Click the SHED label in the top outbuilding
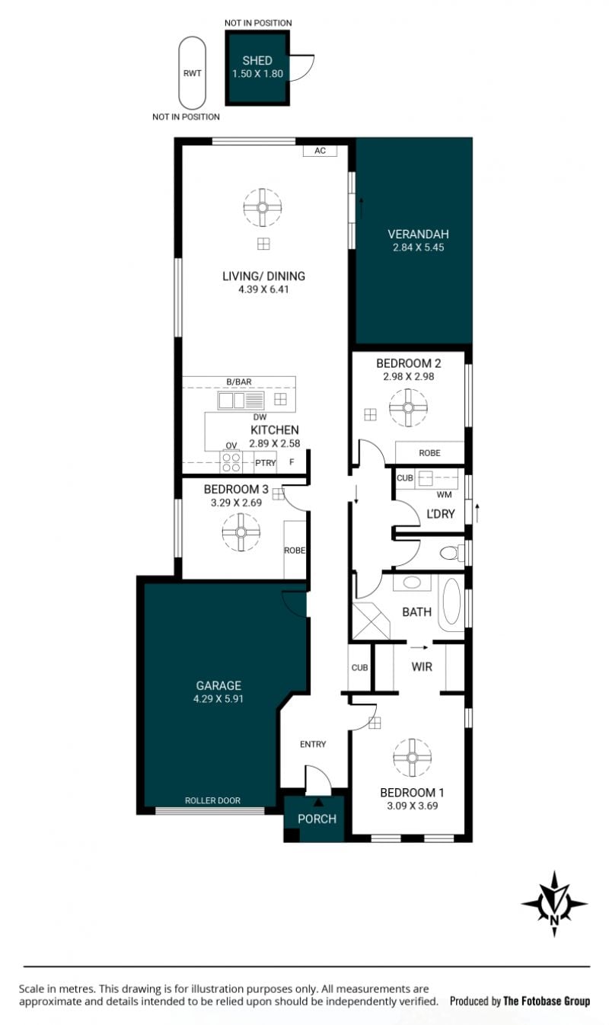[257, 60]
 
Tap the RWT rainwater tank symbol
[192, 73]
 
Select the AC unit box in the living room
[320, 151]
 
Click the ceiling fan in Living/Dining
[262, 207]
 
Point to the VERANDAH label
[418, 235]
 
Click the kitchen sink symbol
[241, 401]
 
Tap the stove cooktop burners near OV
[231, 461]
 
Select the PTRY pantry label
[266, 463]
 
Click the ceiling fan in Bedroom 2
[408, 407]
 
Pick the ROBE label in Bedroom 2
[429, 452]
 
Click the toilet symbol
[451, 553]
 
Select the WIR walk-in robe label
[422, 667]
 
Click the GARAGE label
[218, 685]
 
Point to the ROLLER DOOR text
[212, 800]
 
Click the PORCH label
[317, 819]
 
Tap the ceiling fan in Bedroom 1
[412, 758]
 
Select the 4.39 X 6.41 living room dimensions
[263, 289]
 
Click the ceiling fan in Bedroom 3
[241, 532]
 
